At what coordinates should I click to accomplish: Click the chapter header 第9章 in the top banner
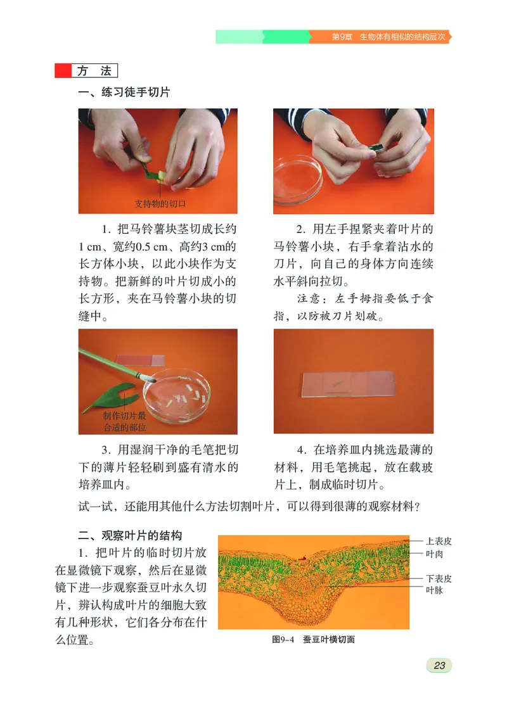coord(342,37)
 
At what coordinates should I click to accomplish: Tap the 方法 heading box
coord(94,71)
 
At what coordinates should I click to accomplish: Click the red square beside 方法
coord(63,71)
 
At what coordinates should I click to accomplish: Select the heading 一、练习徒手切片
coord(124,92)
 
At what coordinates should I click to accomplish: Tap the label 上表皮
coord(439,541)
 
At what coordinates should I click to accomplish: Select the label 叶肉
coord(434,554)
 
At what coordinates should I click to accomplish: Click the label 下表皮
coord(439,578)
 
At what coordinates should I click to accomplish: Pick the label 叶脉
coord(434,590)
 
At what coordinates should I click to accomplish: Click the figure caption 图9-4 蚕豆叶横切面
coord(313,639)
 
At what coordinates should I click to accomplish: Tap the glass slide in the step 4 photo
coord(349,384)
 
